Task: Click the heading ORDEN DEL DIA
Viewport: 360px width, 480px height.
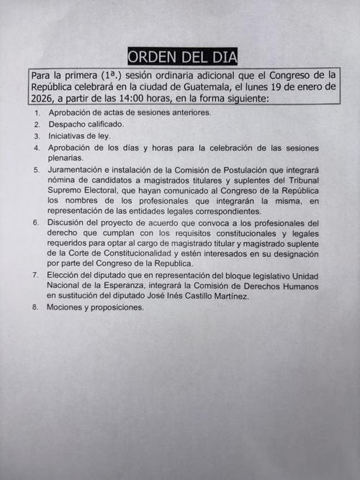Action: click(x=182, y=57)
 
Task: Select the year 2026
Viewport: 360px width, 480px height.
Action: click(x=43, y=99)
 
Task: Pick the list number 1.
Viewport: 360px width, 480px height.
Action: click(x=37, y=113)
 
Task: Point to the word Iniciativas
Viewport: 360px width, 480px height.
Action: click(x=70, y=136)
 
